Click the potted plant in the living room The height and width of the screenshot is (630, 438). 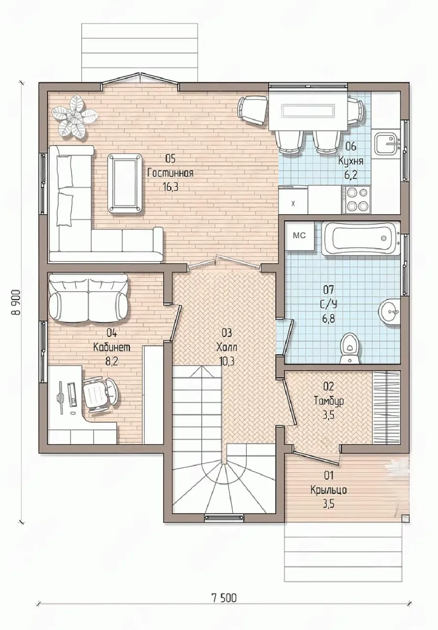pyautogui.click(x=74, y=117)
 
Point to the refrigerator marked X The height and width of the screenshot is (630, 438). pyautogui.click(x=293, y=200)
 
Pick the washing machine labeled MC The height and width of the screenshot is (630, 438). pyautogui.click(x=299, y=236)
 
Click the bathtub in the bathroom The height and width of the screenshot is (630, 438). pyautogui.click(x=360, y=239)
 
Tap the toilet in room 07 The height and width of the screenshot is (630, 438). pyautogui.click(x=350, y=348)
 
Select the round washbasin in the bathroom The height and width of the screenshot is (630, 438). pyautogui.click(x=389, y=312)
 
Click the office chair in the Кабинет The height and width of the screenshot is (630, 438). pyautogui.click(x=100, y=395)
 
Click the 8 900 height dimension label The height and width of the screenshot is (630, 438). pyautogui.click(x=16, y=302)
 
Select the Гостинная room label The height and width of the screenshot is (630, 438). pyautogui.click(x=170, y=173)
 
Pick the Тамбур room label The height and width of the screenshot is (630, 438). pyautogui.click(x=329, y=401)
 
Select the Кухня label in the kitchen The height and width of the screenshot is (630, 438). pyautogui.click(x=350, y=161)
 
